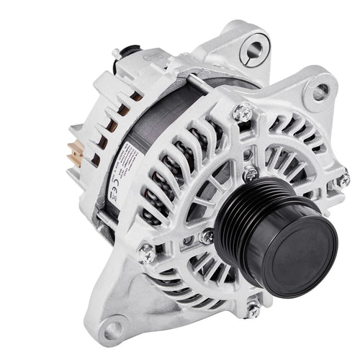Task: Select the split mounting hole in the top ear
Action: [256, 50]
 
